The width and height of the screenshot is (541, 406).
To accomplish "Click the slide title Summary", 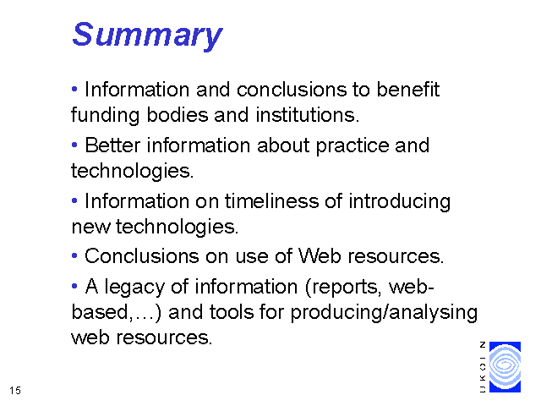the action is tap(147, 35).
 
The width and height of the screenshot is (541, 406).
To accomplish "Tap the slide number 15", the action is tap(15, 391).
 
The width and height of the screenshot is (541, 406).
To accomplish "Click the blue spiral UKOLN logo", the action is tap(505, 367).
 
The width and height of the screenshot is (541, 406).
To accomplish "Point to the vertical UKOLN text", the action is tap(483, 367).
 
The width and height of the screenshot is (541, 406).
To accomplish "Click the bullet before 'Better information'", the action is tap(74, 145).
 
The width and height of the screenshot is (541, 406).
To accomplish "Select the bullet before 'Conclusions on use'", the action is tap(74, 256).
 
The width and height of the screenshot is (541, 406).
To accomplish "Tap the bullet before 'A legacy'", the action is tap(74, 286).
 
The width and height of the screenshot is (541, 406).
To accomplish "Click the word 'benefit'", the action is tap(407, 90).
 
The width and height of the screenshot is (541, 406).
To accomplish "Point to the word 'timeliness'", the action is tap(271, 201).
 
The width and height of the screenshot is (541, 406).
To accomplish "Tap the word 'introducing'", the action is tap(400, 202).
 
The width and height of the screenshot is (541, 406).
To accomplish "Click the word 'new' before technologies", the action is tap(90, 228).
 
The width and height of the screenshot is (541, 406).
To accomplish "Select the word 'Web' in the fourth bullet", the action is tap(320, 256).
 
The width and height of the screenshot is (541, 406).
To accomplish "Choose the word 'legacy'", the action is tap(134, 288).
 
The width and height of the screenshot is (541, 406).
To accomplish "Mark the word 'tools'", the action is tap(231, 312).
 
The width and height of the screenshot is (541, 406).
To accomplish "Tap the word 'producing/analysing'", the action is tap(384, 313).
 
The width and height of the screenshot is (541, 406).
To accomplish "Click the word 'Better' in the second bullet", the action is tap(112, 145).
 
